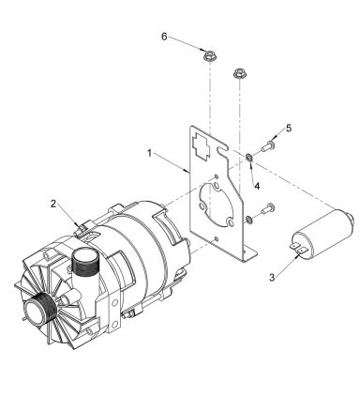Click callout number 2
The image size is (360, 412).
(x=54, y=203)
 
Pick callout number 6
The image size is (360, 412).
(x=166, y=37)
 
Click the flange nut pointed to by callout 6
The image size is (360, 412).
(x=208, y=57)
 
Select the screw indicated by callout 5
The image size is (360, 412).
(x=270, y=146)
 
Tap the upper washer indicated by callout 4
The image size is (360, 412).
(x=250, y=155)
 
